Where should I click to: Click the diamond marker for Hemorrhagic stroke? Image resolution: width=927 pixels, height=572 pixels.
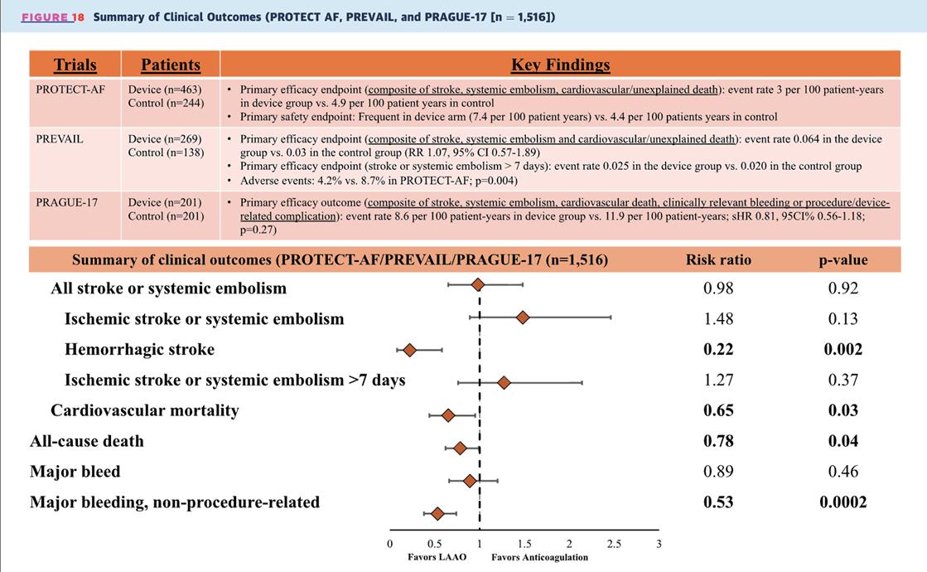coord(409,351)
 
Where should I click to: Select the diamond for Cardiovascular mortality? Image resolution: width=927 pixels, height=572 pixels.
coord(448,415)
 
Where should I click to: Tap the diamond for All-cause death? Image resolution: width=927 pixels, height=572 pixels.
coord(460,448)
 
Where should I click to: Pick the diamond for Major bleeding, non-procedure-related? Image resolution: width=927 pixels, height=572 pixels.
coord(437,514)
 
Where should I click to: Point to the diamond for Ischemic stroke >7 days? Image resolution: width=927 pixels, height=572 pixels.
coord(503,383)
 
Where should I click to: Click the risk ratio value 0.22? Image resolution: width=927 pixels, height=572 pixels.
coord(718,349)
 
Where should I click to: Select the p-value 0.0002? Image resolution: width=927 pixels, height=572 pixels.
coord(843,502)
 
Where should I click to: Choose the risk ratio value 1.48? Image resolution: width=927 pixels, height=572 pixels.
coord(718,318)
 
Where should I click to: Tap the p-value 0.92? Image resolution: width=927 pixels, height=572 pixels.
coord(843,288)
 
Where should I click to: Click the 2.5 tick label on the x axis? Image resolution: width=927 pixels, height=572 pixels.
coord(614,544)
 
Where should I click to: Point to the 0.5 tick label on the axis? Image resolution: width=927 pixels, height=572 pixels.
coord(434,544)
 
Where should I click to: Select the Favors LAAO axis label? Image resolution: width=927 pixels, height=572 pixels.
coord(437,557)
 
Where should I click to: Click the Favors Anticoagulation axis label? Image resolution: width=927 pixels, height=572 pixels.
coord(539,557)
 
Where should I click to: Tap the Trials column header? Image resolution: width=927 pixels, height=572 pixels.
coord(75,65)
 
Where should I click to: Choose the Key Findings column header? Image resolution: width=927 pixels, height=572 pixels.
coord(560,65)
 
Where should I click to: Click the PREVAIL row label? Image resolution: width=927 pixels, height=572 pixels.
coord(60,139)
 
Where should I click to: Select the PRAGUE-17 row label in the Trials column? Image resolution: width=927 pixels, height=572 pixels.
coord(66,202)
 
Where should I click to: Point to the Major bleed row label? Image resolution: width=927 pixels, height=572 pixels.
coord(75,472)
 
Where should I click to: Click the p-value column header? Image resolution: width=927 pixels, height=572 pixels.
coord(843,259)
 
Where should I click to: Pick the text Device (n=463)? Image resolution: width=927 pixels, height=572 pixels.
coord(165,90)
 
